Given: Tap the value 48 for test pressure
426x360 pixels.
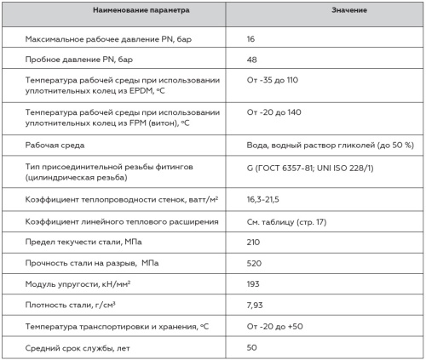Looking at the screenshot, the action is click(253, 61).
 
